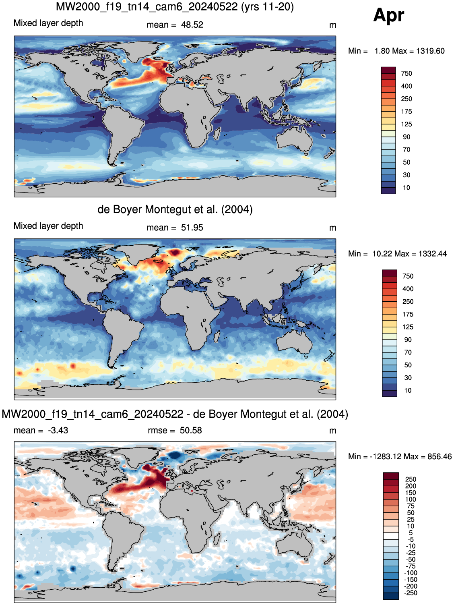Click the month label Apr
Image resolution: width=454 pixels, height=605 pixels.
tap(388, 15)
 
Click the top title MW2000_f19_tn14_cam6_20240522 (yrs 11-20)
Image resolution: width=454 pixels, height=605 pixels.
tap(175, 6)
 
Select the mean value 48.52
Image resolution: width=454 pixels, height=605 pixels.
tap(192, 25)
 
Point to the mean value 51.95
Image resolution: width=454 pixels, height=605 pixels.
tap(192, 228)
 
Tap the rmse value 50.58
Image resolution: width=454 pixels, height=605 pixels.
tap(191, 431)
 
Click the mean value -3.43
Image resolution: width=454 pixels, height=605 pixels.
tap(58, 431)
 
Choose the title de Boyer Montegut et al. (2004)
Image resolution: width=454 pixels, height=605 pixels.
tap(175, 209)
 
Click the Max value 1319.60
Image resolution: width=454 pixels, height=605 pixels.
tap(430, 51)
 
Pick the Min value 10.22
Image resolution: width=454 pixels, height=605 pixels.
tap(381, 254)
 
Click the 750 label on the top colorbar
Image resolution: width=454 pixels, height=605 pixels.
tap(407, 73)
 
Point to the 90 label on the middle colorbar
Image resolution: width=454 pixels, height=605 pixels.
tap(408, 340)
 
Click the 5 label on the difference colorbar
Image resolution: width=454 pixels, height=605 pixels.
tap(411, 533)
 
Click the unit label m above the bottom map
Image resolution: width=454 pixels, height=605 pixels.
tap(332, 431)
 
